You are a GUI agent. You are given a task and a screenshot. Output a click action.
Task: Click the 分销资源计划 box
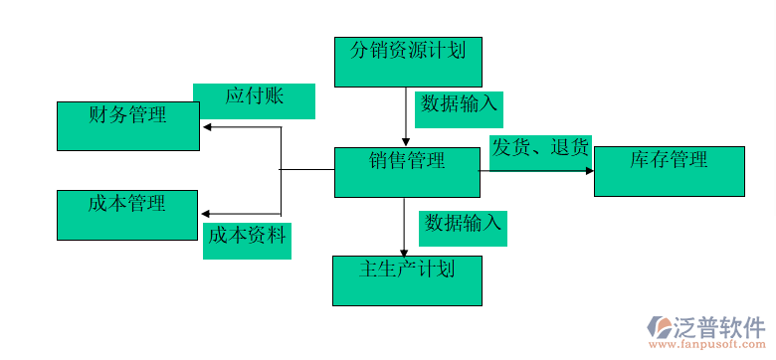[x=408, y=61]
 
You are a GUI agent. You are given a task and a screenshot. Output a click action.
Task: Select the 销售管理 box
[x=407, y=172]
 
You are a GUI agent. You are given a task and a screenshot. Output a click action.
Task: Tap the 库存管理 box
[x=669, y=171]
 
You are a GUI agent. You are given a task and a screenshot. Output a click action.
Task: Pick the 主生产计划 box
[x=407, y=279]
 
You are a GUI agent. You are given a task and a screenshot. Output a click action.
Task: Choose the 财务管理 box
[x=128, y=126]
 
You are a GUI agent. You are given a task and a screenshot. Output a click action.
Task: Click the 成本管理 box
[x=128, y=215]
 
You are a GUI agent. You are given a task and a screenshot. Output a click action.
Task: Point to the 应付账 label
[x=254, y=100]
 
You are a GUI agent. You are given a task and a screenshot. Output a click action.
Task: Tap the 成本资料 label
[x=247, y=239]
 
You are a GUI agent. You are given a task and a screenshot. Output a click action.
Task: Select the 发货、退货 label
[x=540, y=151]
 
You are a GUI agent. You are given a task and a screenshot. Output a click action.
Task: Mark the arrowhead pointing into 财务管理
[x=206, y=126]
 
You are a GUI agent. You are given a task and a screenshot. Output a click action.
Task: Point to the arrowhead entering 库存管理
[x=588, y=171]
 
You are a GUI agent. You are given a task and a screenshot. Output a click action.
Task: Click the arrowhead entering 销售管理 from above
[x=406, y=142]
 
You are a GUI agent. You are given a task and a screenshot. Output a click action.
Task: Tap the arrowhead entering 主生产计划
[x=404, y=251]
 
